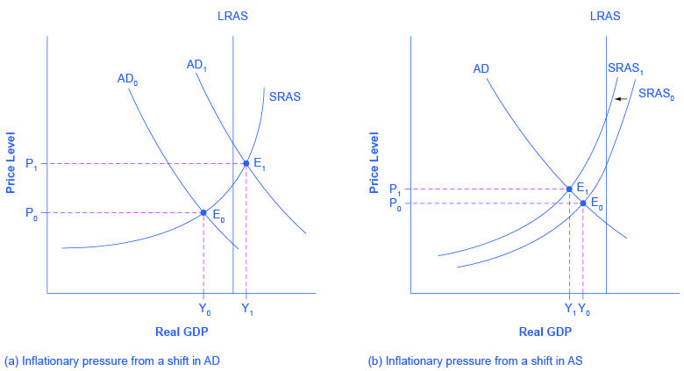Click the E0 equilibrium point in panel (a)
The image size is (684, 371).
point(203,212)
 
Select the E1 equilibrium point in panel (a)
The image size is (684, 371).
point(246,163)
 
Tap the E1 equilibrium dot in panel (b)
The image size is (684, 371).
point(569,189)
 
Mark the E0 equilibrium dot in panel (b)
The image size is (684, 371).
point(583,203)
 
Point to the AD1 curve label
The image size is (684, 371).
point(197,64)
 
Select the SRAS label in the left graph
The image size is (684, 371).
point(285,96)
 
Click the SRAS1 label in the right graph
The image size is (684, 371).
point(624,68)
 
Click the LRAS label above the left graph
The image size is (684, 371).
point(232,15)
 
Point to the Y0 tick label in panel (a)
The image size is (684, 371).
point(204,308)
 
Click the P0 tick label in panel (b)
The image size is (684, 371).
point(395,204)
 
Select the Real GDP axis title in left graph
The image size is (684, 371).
point(182,332)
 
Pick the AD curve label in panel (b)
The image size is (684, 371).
point(481,68)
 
